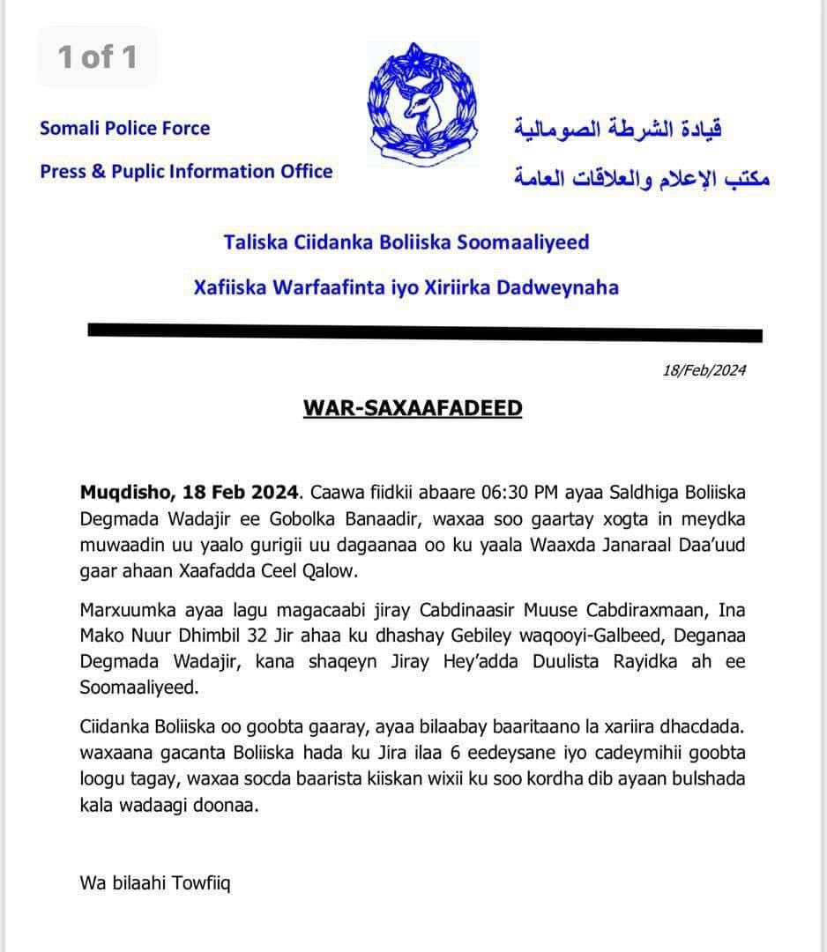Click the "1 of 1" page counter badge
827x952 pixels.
point(97,57)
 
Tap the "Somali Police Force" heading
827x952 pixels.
point(125,128)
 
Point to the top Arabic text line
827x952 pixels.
point(618,130)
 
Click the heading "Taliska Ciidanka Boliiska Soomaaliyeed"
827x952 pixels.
point(406,242)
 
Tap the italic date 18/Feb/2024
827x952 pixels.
point(704,370)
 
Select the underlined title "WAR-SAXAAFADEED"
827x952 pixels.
point(413,408)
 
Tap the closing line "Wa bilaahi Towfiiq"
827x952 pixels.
point(155,882)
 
